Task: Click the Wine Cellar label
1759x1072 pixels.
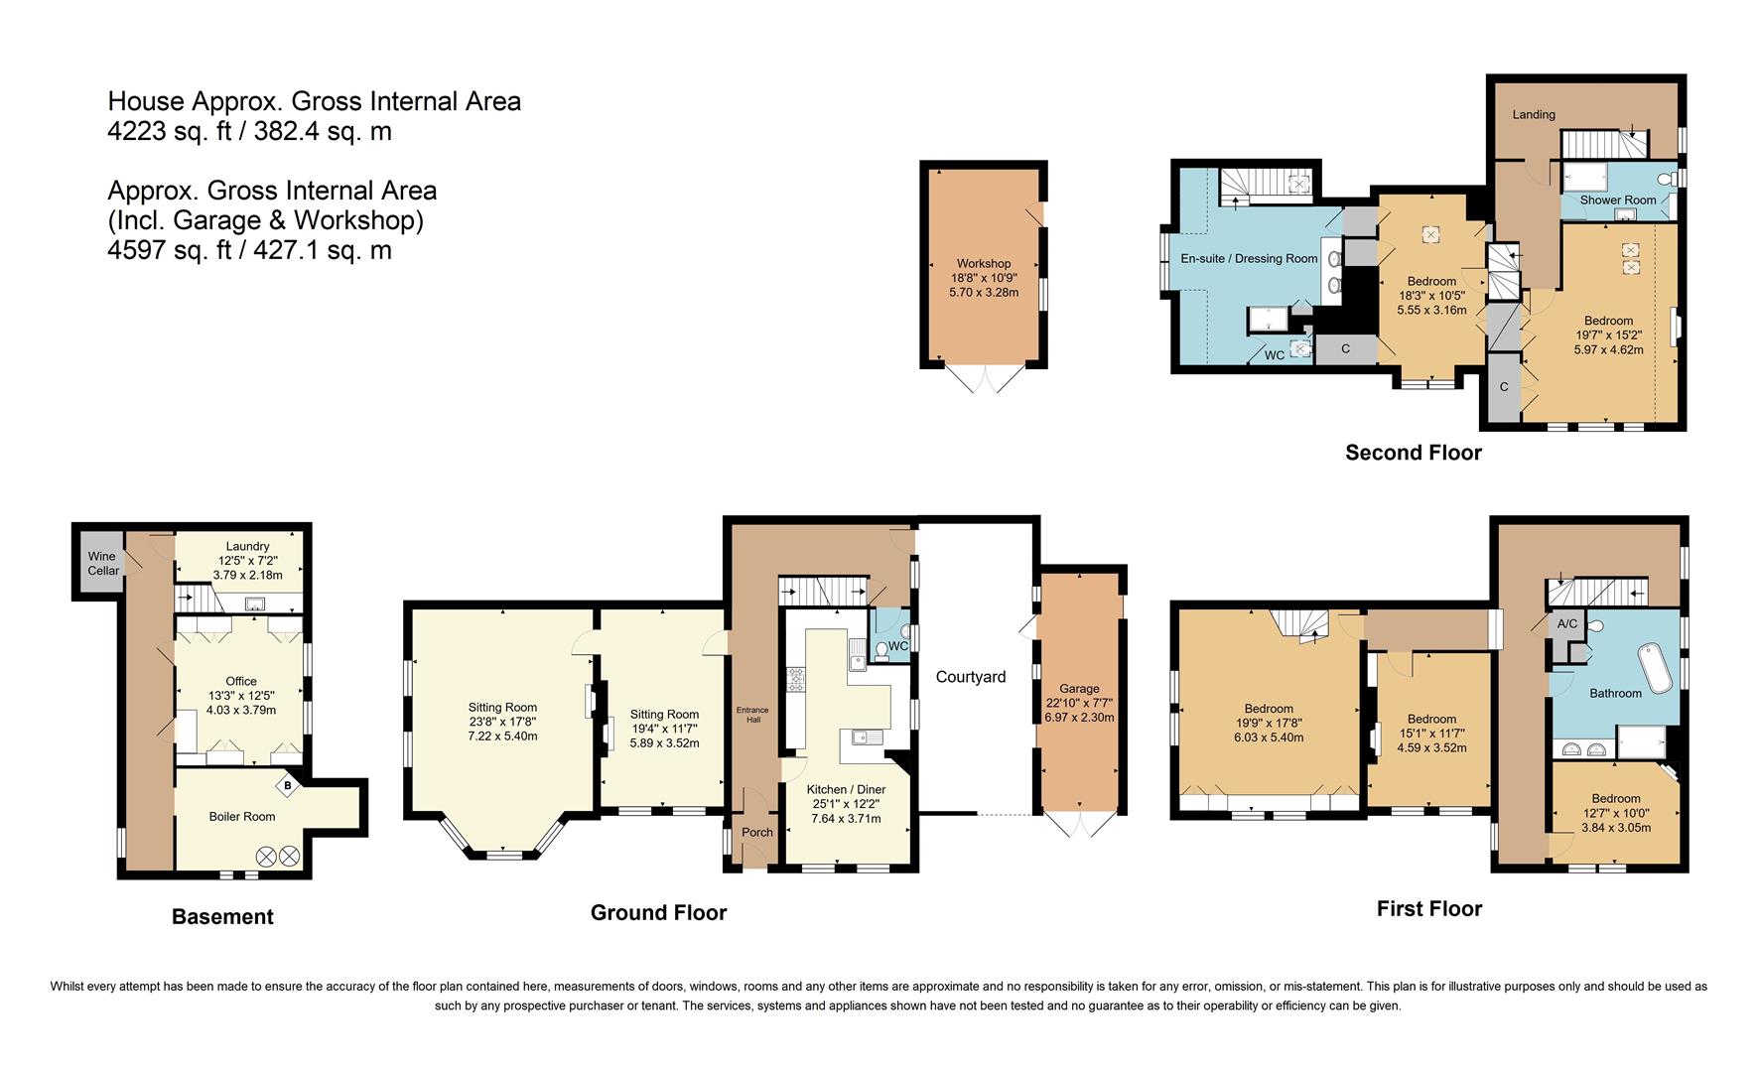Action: coord(102,563)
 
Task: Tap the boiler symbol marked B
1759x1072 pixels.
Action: coord(288,786)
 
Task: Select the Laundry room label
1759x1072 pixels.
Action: coord(247,546)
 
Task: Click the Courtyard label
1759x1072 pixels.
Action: coord(971,677)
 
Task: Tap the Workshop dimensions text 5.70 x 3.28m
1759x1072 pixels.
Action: coord(984,293)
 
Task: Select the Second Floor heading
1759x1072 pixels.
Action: coord(1413,453)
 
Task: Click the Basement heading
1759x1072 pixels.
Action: coord(222,917)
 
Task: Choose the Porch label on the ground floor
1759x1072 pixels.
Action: coord(757,832)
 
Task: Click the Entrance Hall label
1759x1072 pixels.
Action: coord(752,714)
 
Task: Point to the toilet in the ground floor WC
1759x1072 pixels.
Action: coord(881,650)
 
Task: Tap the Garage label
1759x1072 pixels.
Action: coord(1079,688)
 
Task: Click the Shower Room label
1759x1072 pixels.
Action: coord(1618,200)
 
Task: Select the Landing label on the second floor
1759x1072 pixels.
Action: coord(1534,114)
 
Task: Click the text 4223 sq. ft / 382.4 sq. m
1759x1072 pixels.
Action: coord(249,131)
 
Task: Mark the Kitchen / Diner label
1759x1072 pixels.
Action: coord(846,789)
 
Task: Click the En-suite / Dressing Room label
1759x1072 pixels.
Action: coord(1249,258)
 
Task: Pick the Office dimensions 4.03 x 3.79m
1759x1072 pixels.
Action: coord(241,710)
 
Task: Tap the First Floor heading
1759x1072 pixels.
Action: coord(1428,909)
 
